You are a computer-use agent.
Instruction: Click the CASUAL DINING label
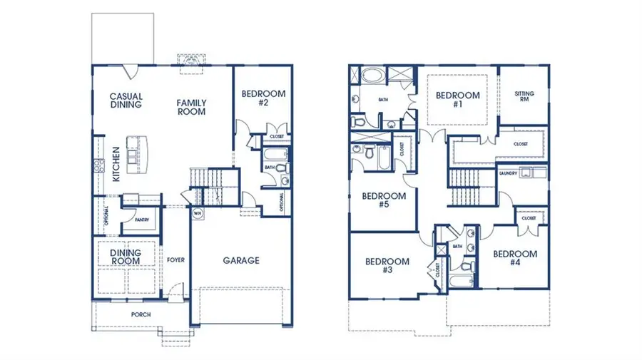pyautogui.click(x=126, y=101)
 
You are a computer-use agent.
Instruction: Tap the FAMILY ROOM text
pyautogui.click(x=191, y=108)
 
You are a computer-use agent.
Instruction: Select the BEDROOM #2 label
pyautogui.click(x=263, y=98)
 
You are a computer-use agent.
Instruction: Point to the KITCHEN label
pyautogui.click(x=116, y=164)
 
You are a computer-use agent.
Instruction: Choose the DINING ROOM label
pyautogui.click(x=125, y=257)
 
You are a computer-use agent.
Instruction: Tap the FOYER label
pyautogui.click(x=175, y=259)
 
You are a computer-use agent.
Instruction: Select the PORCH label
pyautogui.click(x=140, y=314)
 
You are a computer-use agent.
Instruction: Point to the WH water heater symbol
pyautogui.click(x=197, y=212)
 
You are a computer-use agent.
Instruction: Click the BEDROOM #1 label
pyautogui.click(x=457, y=100)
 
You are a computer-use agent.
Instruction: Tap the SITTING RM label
pyautogui.click(x=524, y=97)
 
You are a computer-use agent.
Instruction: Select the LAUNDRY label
pyautogui.click(x=508, y=173)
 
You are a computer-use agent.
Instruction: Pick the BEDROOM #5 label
pyautogui.click(x=384, y=200)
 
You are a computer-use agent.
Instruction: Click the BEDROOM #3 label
pyautogui.click(x=387, y=265)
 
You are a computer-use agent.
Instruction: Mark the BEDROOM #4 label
pyautogui.click(x=514, y=258)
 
